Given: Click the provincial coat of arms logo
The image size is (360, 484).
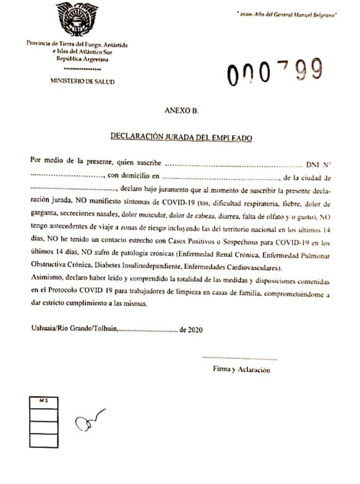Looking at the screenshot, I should click(77, 19).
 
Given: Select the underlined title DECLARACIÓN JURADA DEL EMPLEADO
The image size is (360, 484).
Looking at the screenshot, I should click(181, 137).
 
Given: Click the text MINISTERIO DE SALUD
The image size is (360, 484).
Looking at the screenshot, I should click(82, 81).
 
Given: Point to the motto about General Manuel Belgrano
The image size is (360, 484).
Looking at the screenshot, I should click(286, 15).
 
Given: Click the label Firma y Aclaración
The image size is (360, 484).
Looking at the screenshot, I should click(241, 369).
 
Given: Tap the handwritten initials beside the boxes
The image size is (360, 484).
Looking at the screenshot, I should click(90, 420).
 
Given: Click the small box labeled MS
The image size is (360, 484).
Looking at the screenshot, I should click(44, 403).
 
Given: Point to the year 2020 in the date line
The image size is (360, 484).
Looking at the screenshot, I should click(195, 330).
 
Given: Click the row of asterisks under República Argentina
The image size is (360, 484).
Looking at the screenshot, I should click(82, 69).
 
